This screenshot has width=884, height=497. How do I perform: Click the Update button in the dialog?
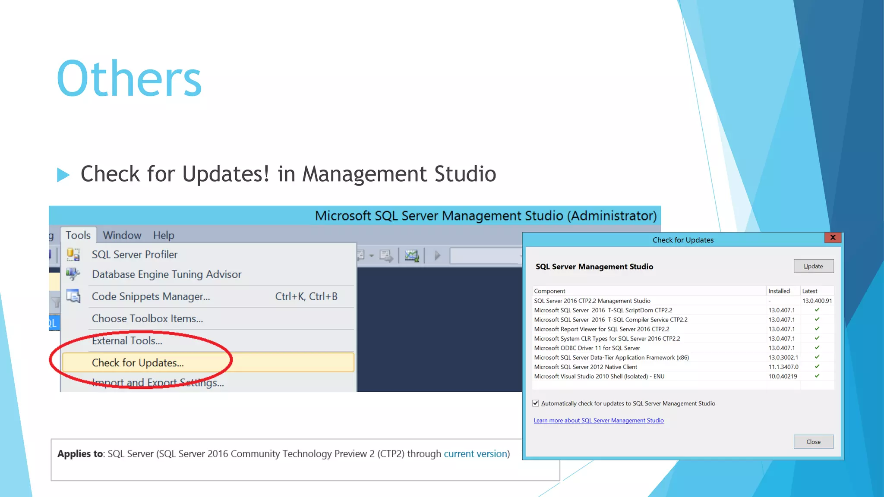coord(813,266)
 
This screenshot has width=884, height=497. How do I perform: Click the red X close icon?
coord(833,237)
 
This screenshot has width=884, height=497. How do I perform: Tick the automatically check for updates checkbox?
coord(536,403)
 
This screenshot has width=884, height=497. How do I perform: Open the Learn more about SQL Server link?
coord(598,421)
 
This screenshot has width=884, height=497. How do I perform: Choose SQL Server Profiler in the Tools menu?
coord(134,255)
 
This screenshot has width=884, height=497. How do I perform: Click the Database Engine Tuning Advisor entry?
coord(166,274)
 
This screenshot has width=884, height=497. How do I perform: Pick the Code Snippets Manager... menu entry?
coord(151,296)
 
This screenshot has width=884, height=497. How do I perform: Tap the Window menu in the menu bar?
coord(122,235)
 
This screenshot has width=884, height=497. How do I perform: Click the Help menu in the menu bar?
coord(164,235)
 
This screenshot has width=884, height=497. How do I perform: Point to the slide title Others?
coord(129,79)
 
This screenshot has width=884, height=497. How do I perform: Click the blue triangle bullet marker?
coord(63,175)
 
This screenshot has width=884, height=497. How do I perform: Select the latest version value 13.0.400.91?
coord(817,301)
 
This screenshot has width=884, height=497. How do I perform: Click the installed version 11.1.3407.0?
coord(783,367)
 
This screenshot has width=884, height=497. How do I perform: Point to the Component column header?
coord(549,291)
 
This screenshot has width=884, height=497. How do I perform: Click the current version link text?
coord(475,454)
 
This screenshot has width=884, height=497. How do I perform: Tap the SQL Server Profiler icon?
coord(73,255)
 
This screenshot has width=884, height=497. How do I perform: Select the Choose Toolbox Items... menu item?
coord(147,319)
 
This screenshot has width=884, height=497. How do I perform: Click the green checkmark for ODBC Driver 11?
coord(817,348)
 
